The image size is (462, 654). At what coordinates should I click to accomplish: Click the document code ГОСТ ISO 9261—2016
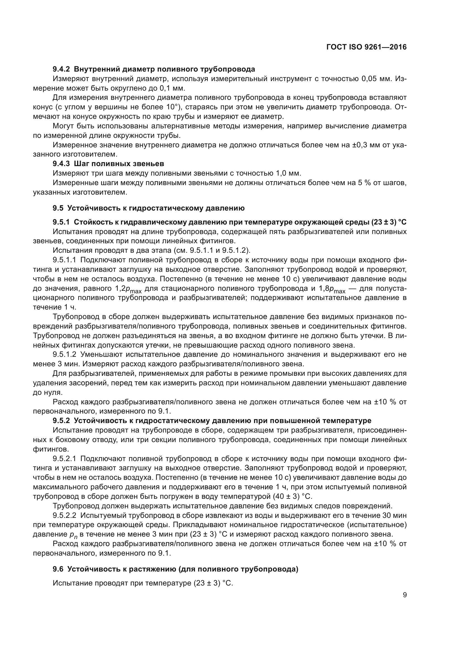366,47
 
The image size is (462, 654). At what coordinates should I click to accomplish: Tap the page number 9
404,595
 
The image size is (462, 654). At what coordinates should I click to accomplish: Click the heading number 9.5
58,208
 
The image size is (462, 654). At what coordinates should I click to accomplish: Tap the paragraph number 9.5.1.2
65,355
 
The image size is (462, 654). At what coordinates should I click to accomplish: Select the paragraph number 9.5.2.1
65,459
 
